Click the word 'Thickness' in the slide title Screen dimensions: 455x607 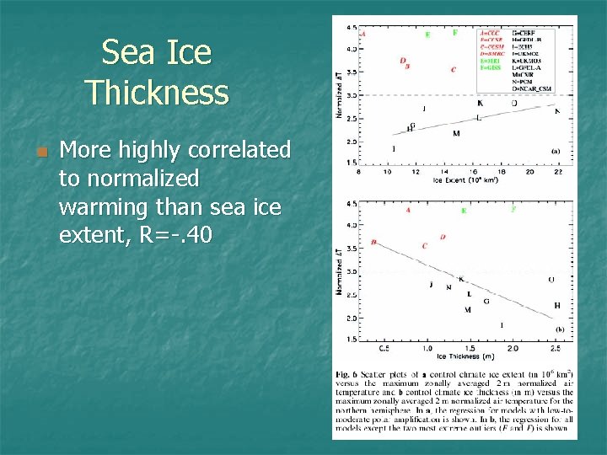tap(157, 92)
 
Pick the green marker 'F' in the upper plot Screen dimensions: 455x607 tap(455, 33)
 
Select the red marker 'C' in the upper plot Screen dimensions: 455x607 tap(454, 70)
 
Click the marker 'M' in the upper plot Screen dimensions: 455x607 tap(456, 134)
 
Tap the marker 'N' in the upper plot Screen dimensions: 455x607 tap(556, 111)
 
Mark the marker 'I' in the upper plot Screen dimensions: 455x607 tap(394, 148)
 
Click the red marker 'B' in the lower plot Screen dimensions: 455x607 tap(373, 243)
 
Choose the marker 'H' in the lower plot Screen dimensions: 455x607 tap(556, 305)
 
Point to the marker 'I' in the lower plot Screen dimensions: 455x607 tap(502, 324)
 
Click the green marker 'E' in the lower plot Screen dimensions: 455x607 tap(463, 211)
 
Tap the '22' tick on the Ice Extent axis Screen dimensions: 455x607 tap(557, 171)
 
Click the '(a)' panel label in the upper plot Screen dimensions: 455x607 tap(556, 152)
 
